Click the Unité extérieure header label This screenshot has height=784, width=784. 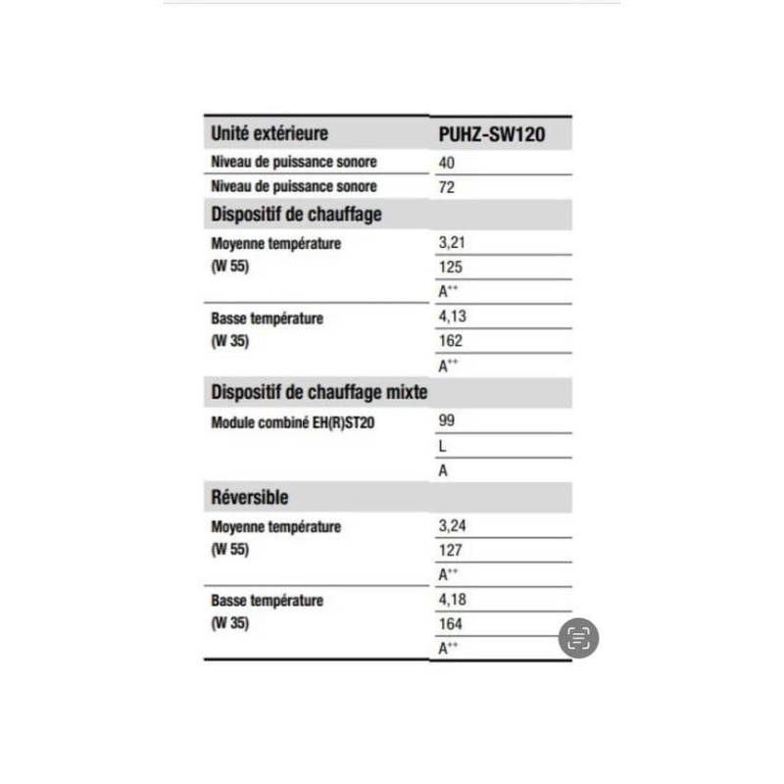pyautogui.click(x=269, y=133)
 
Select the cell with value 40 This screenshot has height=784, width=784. pyautogui.click(x=447, y=162)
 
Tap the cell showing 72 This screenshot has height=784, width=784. pyautogui.click(x=447, y=186)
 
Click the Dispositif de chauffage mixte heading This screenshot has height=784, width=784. pyautogui.click(x=318, y=393)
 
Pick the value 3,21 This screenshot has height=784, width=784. pyautogui.click(x=451, y=243)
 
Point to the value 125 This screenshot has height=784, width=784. pyautogui.click(x=451, y=268)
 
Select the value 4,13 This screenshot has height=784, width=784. pyautogui.click(x=451, y=318)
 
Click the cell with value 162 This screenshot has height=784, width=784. pyautogui.click(x=451, y=342)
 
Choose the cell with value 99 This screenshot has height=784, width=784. pyautogui.click(x=447, y=421)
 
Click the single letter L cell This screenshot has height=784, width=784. pyautogui.click(x=443, y=446)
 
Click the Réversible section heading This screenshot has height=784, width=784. pyautogui.click(x=250, y=497)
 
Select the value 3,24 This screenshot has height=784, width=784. pyautogui.click(x=451, y=526)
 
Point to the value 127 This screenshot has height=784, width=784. pyautogui.click(x=451, y=551)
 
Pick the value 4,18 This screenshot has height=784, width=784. pyautogui.click(x=451, y=600)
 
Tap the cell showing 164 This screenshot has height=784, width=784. pyautogui.click(x=451, y=624)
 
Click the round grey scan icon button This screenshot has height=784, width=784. pyautogui.click(x=579, y=639)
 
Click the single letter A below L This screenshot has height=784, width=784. pyautogui.click(x=443, y=470)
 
